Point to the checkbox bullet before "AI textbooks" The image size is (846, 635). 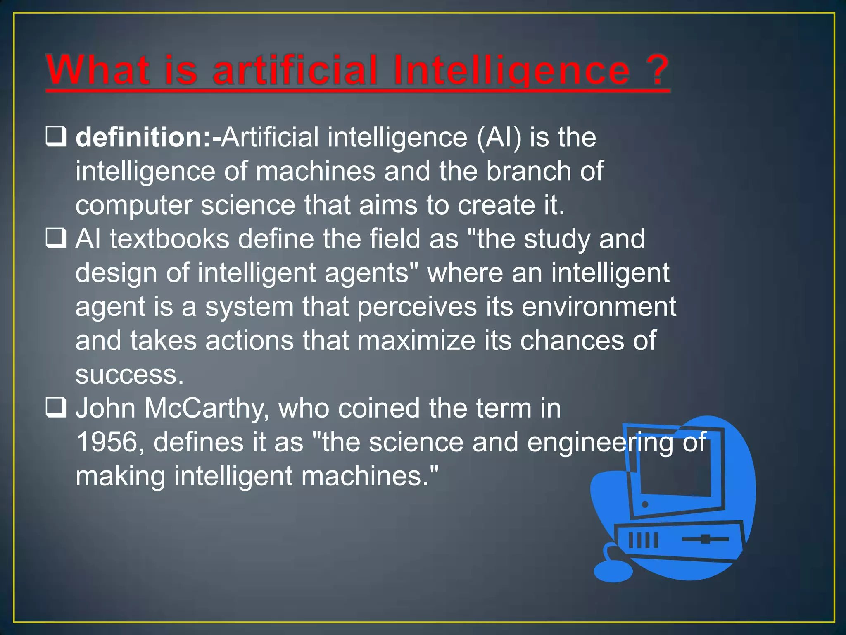[56, 239]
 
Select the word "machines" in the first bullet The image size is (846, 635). [316, 171]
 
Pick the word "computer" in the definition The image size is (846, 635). [134, 205]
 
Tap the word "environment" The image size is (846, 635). [599, 307]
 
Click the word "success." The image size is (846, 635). [129, 375]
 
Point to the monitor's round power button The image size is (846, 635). [645, 505]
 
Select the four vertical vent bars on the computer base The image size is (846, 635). [643, 540]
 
